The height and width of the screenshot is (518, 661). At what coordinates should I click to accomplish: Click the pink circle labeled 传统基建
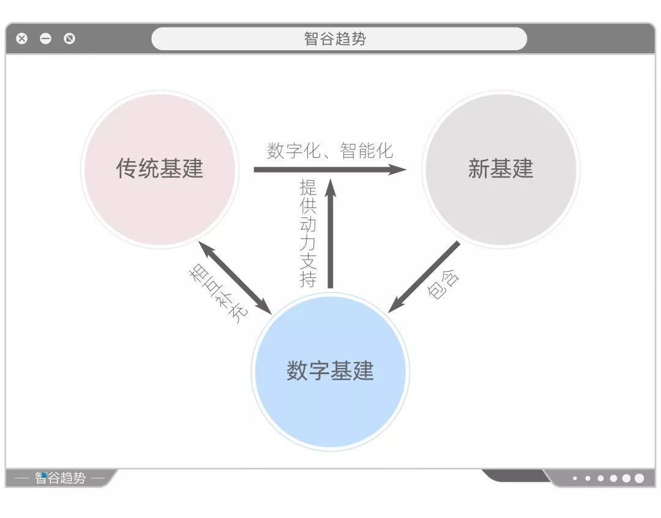pyautogui.click(x=160, y=169)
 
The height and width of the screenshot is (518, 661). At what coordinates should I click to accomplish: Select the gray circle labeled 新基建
pyautogui.click(x=501, y=169)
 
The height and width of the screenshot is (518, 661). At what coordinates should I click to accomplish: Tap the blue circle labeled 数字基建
pyautogui.click(x=330, y=372)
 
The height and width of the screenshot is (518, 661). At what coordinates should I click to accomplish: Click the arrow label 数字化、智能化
pyautogui.click(x=330, y=151)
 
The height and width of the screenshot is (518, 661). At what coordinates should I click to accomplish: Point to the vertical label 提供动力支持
pyautogui.click(x=308, y=233)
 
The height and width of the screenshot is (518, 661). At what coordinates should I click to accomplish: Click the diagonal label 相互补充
pyautogui.click(x=218, y=293)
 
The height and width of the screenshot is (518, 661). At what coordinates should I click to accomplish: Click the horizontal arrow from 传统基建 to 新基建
pyautogui.click(x=330, y=170)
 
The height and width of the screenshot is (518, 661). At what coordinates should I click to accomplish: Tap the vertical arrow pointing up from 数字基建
pyautogui.click(x=330, y=234)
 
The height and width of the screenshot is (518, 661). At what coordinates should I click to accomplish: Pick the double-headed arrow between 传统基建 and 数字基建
pyautogui.click(x=235, y=277)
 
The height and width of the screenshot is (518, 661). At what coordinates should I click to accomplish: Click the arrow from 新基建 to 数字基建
pyautogui.click(x=424, y=277)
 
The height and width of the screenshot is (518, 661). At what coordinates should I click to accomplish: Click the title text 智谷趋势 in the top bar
pyautogui.click(x=335, y=39)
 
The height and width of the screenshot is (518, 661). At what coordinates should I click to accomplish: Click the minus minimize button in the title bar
pyautogui.click(x=45, y=39)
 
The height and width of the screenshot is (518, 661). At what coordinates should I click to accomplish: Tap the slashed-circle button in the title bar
pyautogui.click(x=70, y=39)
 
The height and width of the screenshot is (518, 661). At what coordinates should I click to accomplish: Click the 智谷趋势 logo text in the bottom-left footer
pyautogui.click(x=60, y=478)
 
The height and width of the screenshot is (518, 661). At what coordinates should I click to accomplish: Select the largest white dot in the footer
pyautogui.click(x=639, y=478)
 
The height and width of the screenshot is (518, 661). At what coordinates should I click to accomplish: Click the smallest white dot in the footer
pyautogui.click(x=575, y=478)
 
